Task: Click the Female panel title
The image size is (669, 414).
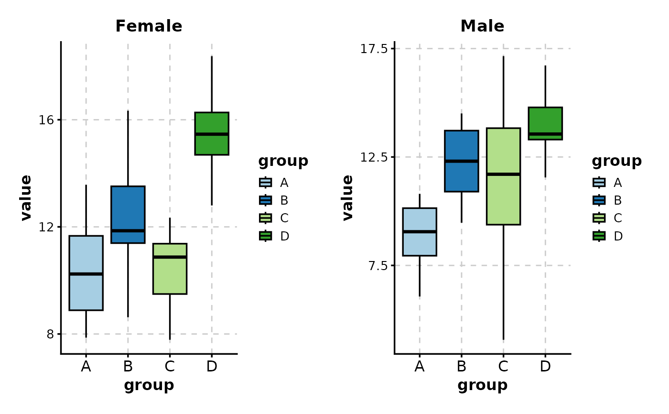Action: (x=149, y=26)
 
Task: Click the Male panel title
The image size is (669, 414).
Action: (x=482, y=26)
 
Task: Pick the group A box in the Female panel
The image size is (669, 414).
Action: (x=86, y=292)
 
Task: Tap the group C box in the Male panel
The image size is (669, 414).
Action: (x=503, y=201)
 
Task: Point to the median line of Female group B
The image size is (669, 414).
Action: (x=128, y=230)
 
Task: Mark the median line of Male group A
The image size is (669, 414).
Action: (x=420, y=231)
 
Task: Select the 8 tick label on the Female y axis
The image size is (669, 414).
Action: (x=50, y=334)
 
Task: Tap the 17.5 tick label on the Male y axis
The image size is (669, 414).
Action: (x=373, y=49)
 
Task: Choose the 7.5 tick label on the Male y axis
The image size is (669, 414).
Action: (x=377, y=266)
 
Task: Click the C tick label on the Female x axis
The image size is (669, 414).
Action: (x=170, y=367)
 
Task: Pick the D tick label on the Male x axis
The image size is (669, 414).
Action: (x=545, y=367)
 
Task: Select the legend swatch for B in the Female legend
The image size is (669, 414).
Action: (x=266, y=200)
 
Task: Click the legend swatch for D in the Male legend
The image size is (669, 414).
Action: (x=599, y=236)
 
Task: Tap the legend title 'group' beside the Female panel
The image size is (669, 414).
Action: (x=283, y=161)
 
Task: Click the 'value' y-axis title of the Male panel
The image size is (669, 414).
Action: (x=347, y=197)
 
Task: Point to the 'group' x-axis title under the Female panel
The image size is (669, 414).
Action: (x=149, y=385)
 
